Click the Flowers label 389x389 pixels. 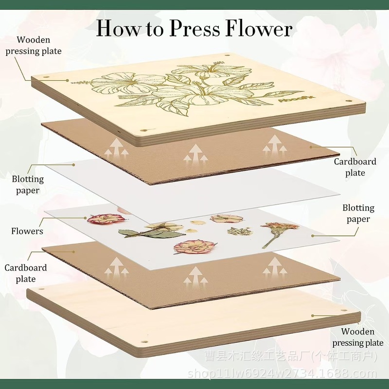(27, 231)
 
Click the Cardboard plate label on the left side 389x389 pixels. (26, 273)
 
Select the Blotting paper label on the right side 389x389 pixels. (358, 213)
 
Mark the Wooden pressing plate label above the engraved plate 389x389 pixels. (34, 45)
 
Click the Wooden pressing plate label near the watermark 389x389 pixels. (358, 337)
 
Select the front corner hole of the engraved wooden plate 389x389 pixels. (144, 130)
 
